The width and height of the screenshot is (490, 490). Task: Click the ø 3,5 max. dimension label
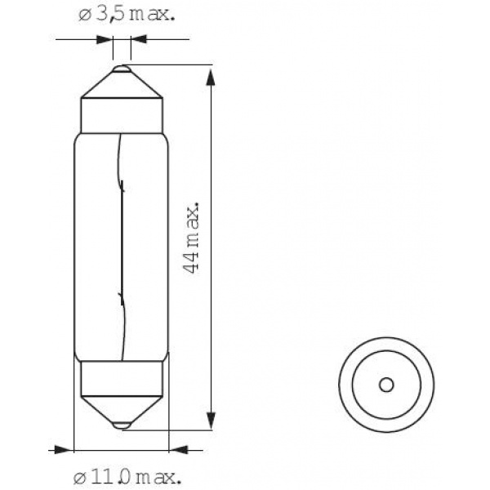(x=127, y=15)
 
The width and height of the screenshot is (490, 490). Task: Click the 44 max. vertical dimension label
(x=190, y=238)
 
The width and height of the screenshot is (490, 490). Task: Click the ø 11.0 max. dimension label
(x=127, y=477)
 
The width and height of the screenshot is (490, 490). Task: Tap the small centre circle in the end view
(x=386, y=385)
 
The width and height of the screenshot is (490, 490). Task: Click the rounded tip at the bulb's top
(x=122, y=69)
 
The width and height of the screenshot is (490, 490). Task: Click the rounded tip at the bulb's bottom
(x=122, y=425)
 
